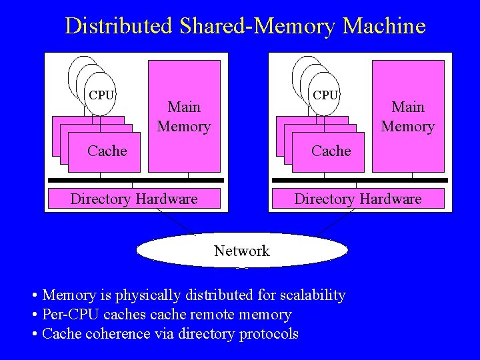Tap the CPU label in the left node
(101, 95)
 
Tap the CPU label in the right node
(325, 95)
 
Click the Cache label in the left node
(107, 151)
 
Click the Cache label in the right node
(331, 151)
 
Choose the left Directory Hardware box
(134, 199)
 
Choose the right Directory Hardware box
(358, 199)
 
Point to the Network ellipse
(242, 251)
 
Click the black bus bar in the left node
(136, 180)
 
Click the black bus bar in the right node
(360, 180)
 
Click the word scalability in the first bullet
(313, 295)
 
